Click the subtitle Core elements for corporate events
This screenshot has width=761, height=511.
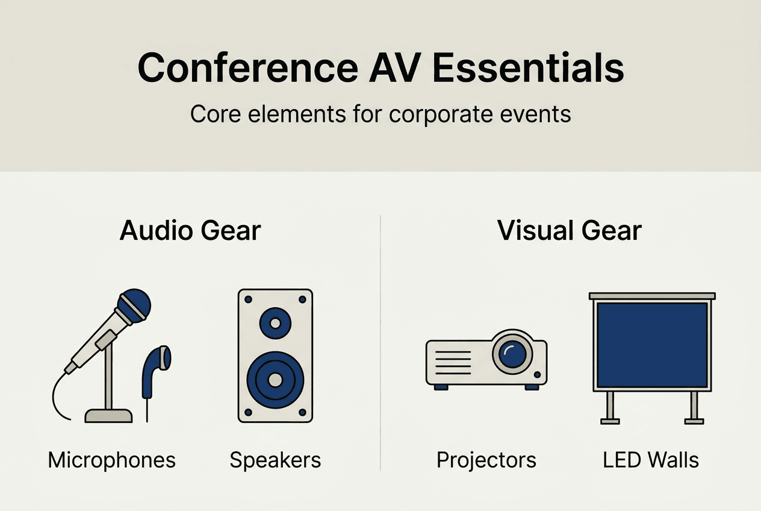[380, 114]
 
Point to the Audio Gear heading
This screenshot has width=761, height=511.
[190, 231]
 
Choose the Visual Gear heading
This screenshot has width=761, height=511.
[570, 231]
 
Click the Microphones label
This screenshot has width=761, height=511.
[112, 460]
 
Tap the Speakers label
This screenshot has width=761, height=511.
[275, 460]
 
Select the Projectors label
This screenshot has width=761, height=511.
[486, 460]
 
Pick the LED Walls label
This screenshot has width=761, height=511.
[651, 460]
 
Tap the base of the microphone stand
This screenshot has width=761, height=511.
[108, 415]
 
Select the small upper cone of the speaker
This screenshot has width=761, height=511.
[275, 324]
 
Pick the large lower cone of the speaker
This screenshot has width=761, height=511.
[275, 379]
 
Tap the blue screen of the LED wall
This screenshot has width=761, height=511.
[651, 345]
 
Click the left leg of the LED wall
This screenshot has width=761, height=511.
[610, 407]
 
